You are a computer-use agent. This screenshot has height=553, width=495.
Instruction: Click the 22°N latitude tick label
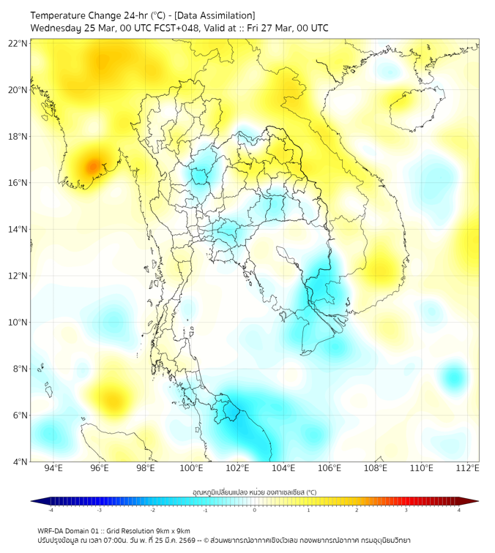tap(18, 43)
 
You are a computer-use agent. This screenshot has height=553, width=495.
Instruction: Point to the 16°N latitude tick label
tap(18, 182)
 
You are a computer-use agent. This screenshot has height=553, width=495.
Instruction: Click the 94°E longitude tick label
tap(53, 468)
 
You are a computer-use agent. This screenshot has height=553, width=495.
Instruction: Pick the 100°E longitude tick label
tap(191, 468)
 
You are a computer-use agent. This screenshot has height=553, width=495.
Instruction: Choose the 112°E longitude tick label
tap(467, 468)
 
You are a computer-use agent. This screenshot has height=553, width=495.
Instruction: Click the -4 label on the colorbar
tap(50, 511)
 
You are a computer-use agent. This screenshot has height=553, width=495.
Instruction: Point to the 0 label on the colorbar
tap(255, 511)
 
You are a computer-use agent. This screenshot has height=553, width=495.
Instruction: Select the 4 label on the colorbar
tap(459, 511)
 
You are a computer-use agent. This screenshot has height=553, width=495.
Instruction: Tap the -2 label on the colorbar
tap(152, 511)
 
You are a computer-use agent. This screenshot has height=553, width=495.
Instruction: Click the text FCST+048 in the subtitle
tap(174, 29)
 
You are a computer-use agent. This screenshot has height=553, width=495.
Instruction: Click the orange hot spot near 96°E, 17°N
tap(93, 166)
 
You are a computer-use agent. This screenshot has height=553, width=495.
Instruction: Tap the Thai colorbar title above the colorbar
tap(254, 492)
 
